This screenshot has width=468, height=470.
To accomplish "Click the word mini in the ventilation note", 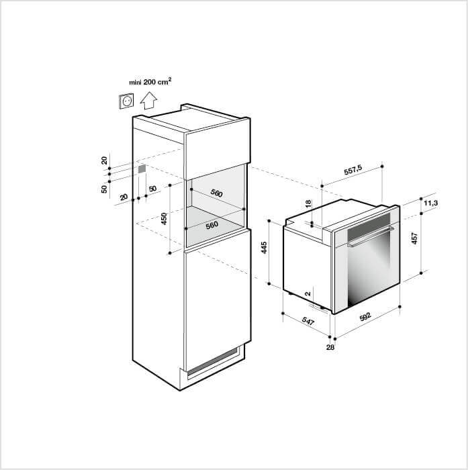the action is coord(135,83).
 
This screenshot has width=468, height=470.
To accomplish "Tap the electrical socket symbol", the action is coord(126,101).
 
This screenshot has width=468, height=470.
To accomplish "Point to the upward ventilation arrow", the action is coord(148,101).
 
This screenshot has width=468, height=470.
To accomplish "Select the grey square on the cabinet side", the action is coord(142,169).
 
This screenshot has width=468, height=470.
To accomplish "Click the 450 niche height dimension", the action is coord(164,218).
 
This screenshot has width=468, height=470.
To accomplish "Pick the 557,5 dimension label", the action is coord(353,170).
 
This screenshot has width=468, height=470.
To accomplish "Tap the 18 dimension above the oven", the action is coord(308,204).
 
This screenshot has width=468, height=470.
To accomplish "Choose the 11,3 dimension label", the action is coord(431,203).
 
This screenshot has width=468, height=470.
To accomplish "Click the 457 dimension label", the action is coord(414,238).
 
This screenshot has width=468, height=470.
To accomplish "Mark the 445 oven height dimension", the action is coord(264,248).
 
